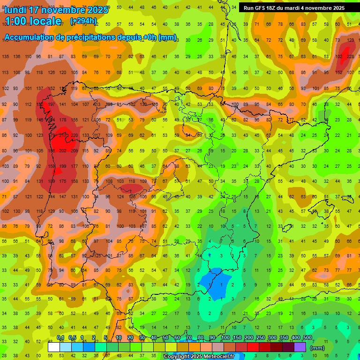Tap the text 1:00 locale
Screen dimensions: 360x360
pyautogui.click(x=33, y=21)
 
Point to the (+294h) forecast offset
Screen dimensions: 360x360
pyautogui.click(x=83, y=21)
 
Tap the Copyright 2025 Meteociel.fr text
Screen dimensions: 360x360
pyautogui.click(x=199, y=357)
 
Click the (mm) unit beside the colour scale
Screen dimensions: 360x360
pyautogui.click(x=317, y=348)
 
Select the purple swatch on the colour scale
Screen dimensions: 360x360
pyautogui.click(x=300, y=347)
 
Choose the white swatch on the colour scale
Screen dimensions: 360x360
pyautogui.click(x=54, y=347)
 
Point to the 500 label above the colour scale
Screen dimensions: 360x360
pyautogui.click(x=307, y=337)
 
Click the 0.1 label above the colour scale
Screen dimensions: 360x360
pyautogui.click(x=60, y=337)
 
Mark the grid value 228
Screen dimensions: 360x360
pyautogui.click(x=351, y=57)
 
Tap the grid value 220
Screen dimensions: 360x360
pyautogui.click(x=74, y=135)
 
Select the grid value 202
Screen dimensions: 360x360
pyautogui.click(x=63, y=150)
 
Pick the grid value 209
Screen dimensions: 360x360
pyautogui.click(x=74, y=150)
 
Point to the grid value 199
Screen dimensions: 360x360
pyautogui.click(x=63, y=166)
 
